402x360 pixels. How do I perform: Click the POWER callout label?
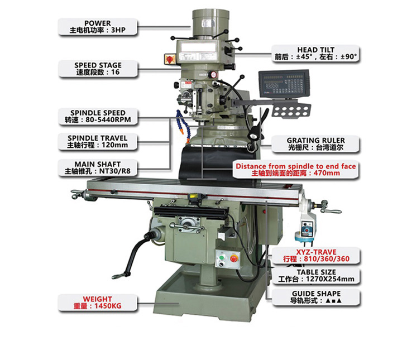(x=98, y=27)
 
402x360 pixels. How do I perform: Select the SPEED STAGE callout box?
(x=98, y=69)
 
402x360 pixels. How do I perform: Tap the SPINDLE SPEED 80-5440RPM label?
(x=98, y=116)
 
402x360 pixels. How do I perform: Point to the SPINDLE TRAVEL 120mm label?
(x=97, y=141)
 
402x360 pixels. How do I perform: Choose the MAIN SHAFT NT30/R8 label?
(x=98, y=167)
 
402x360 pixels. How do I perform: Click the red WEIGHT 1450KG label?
(x=97, y=303)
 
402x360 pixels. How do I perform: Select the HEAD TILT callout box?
(x=315, y=53)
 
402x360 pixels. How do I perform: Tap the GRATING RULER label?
(x=315, y=144)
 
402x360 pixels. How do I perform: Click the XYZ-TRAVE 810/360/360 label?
(x=316, y=256)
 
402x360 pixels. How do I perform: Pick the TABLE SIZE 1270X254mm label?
(x=316, y=276)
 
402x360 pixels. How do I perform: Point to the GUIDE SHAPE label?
(x=316, y=297)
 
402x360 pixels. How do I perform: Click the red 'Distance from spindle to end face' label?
(x=295, y=170)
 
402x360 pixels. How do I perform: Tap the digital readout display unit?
(x=284, y=84)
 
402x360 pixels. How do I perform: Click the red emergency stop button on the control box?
(x=233, y=258)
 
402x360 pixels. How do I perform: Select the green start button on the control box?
(x=221, y=257)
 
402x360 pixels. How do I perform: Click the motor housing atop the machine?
(x=210, y=25)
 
